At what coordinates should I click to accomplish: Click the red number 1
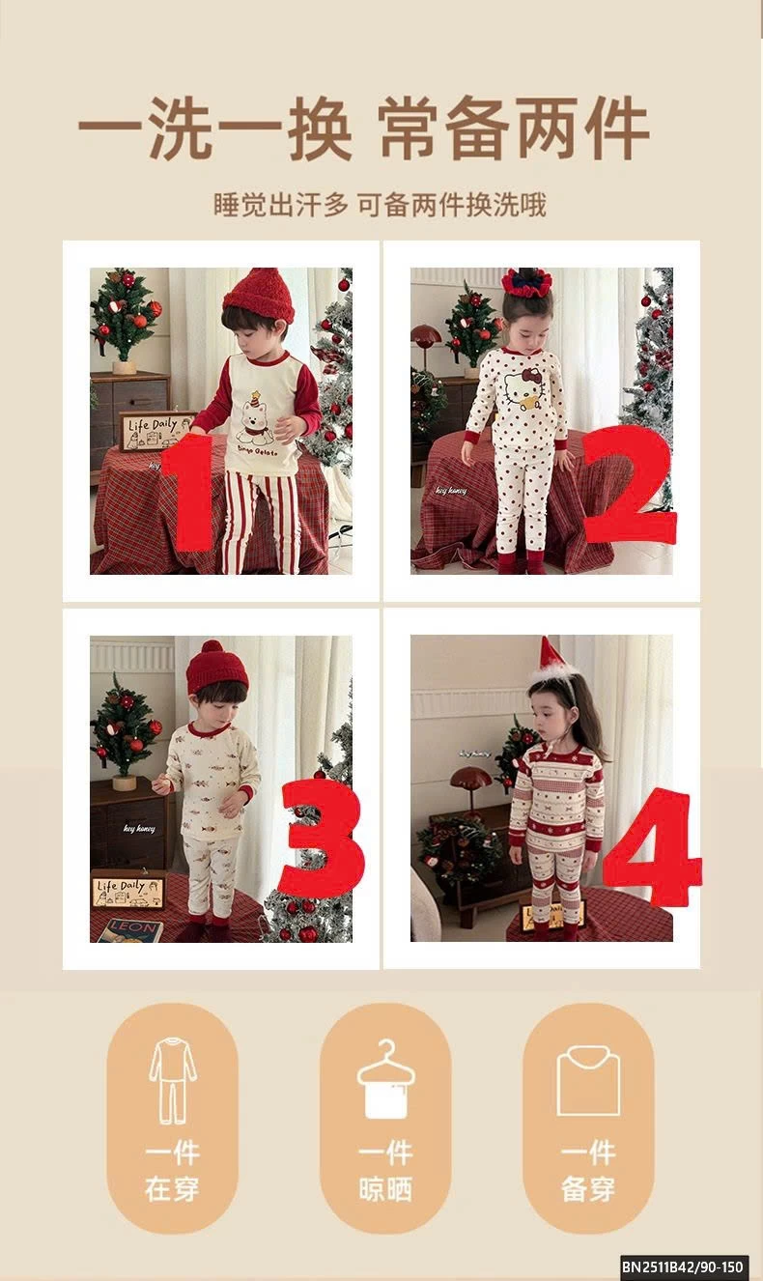click(190, 493)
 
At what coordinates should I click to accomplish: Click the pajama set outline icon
click(173, 1079)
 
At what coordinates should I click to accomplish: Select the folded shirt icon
click(588, 1081)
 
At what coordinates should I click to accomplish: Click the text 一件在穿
click(173, 1170)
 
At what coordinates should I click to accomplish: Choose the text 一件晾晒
click(385, 1170)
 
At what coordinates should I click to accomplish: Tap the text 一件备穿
click(588, 1170)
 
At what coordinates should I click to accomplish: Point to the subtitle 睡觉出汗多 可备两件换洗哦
click(380, 205)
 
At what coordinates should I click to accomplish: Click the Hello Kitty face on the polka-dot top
click(523, 387)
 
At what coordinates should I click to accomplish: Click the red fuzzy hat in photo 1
click(259, 294)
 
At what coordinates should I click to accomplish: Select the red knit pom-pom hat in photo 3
click(216, 667)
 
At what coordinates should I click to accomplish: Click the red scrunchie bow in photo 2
click(526, 282)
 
